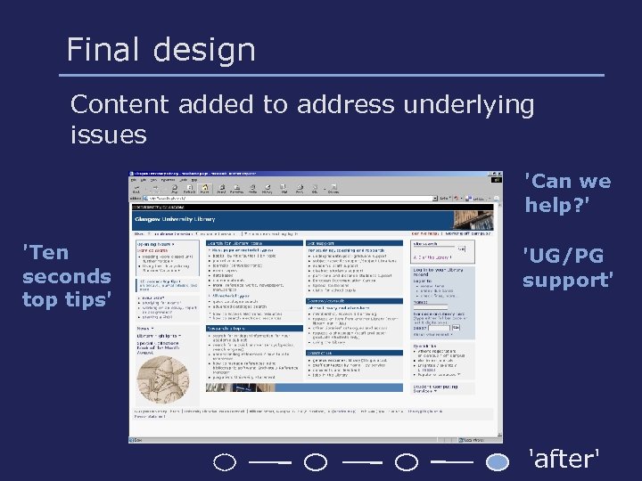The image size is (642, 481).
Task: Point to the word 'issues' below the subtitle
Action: click(108, 135)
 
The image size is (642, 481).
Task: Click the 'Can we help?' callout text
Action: click(567, 193)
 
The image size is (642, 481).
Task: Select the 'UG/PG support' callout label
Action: click(567, 268)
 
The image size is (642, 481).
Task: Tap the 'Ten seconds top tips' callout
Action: click(67, 275)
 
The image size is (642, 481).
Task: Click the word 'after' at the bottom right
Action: click(564, 460)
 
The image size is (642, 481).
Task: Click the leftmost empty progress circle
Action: click(226, 462)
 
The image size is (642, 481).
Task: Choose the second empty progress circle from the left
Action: click(316, 462)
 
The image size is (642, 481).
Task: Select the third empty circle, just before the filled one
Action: click(407, 462)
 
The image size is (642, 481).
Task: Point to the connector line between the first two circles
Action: click(270, 462)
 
